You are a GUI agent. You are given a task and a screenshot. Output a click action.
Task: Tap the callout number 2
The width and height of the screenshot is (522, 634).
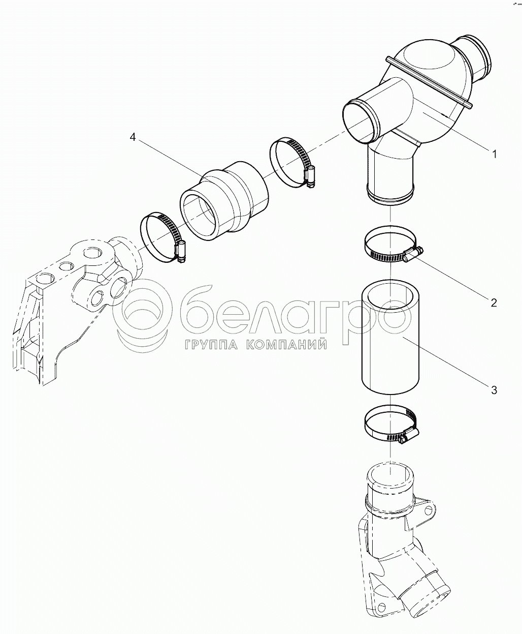coord(494,302)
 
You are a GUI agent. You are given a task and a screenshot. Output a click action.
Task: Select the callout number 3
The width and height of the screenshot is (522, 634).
coord(494,390)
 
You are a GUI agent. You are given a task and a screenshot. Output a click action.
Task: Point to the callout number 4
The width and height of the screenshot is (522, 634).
coord(133,137)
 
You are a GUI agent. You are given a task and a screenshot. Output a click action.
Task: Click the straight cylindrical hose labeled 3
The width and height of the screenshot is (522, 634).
coord(390,337)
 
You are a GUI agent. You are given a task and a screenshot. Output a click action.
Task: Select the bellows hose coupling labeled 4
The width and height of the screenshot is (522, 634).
coord(224,201)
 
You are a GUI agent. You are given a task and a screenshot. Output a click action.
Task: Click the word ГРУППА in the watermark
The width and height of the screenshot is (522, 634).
coord(211,345)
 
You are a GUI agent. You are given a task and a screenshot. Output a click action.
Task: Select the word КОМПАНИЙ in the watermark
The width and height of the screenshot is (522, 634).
coord(286,345)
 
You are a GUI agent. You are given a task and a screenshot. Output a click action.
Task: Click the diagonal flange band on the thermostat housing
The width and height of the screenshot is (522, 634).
coord(429,81)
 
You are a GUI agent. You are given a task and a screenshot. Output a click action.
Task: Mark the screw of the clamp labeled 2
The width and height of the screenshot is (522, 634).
coord(414,254)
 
